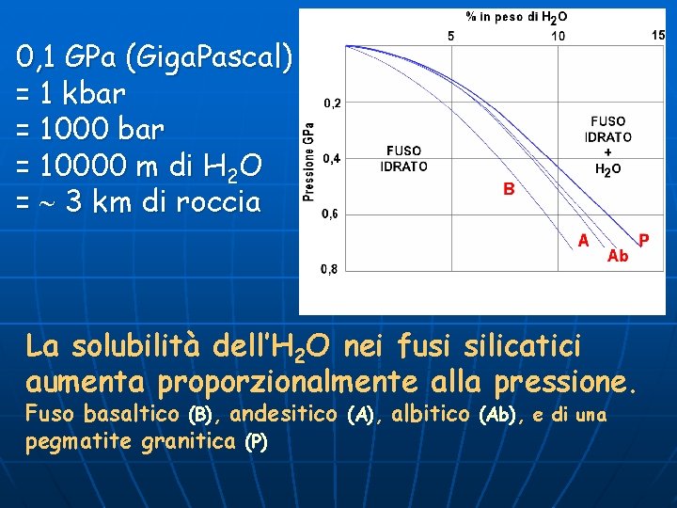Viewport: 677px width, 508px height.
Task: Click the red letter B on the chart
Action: pos(508,189)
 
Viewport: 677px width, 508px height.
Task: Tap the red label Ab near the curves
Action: pos(618,255)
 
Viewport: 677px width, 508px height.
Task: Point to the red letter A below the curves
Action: pos(584,241)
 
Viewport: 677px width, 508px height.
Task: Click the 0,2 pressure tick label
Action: pos(333,103)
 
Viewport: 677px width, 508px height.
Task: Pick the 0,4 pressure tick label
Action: pos(333,159)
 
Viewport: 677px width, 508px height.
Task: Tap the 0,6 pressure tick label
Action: pos(333,214)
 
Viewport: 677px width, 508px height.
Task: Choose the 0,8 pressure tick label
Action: pos(333,270)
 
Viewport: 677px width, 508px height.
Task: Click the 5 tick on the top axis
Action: pos(450,36)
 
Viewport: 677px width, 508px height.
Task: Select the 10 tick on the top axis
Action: pos(559,36)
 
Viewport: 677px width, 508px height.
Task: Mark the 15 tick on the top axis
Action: pos(658,35)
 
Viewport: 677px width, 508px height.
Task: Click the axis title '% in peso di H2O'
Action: pos(516,17)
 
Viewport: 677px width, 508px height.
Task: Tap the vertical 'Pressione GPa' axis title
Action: pos(308,163)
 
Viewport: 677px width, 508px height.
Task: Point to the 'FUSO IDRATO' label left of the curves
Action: pos(403,159)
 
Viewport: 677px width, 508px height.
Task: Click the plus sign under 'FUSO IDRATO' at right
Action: pos(608,152)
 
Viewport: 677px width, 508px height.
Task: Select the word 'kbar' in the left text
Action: pos(98,94)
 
